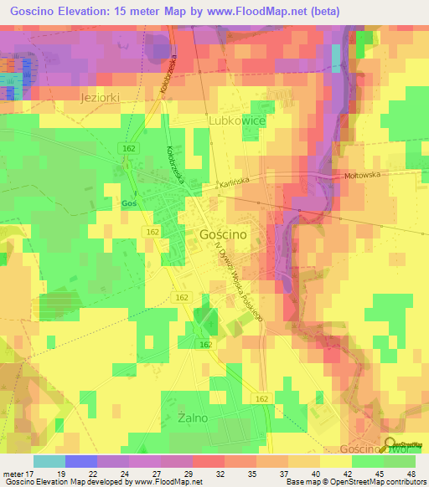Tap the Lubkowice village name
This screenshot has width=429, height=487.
[x=236, y=121]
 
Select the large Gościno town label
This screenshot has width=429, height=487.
[x=223, y=235]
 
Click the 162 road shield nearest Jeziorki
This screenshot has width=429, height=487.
[x=127, y=147]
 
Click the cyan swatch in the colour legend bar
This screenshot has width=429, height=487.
[x=49, y=461]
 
